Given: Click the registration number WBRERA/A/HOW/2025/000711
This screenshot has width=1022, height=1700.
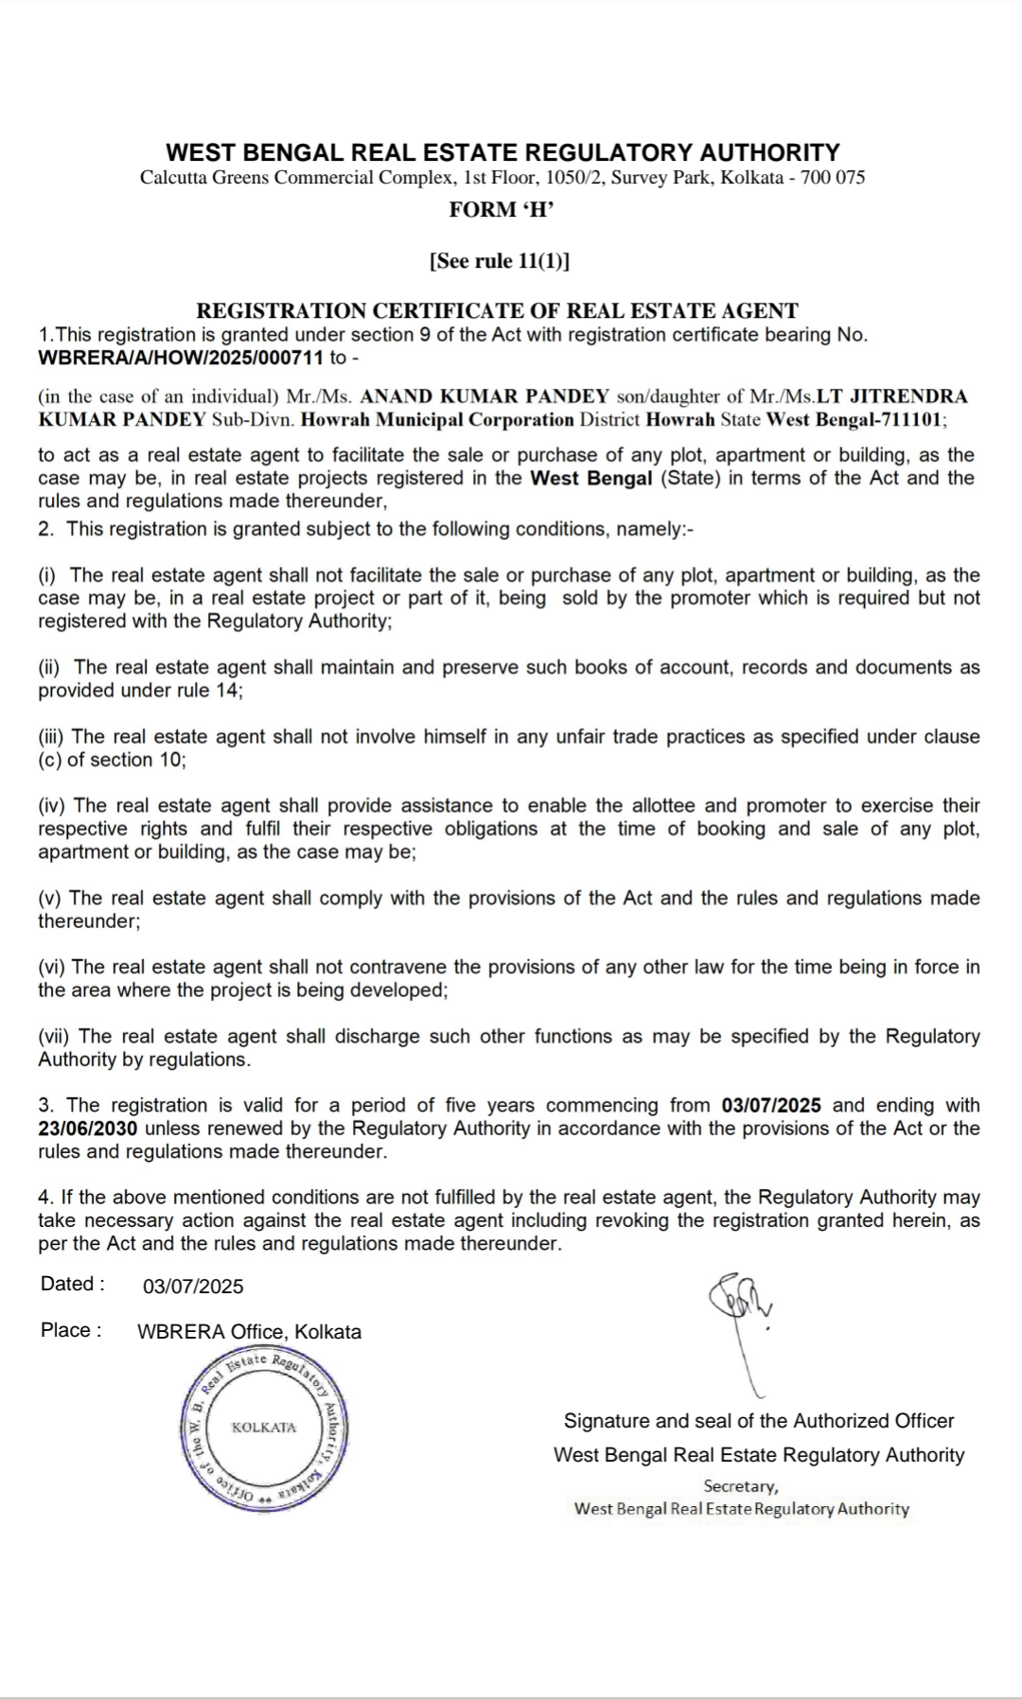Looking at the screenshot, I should [181, 358].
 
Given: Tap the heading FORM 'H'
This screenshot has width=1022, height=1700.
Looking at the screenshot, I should [501, 210].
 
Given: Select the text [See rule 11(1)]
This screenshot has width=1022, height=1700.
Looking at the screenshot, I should [500, 261].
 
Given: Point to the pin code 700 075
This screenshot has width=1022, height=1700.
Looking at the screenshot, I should [833, 178].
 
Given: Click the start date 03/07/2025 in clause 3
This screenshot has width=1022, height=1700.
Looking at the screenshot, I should [770, 1105].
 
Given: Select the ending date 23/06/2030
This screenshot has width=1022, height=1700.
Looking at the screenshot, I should [87, 1129].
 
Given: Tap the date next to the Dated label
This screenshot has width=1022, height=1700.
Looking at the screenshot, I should [193, 1287].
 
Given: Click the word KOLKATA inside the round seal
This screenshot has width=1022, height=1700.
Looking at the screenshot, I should [264, 1428].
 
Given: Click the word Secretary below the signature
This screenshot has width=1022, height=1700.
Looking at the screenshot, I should [740, 1486].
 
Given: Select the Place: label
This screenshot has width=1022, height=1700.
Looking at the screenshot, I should [71, 1331].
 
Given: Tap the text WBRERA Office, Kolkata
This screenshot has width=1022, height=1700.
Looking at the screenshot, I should [249, 1332].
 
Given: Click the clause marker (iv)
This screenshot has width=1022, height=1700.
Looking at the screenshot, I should [52, 806].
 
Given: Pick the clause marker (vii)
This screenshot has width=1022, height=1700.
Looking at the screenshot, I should [55, 1037].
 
